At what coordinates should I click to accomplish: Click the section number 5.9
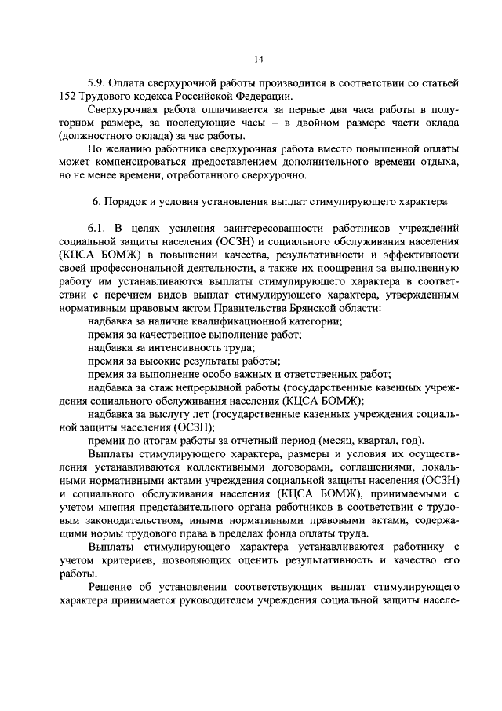[96, 83]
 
